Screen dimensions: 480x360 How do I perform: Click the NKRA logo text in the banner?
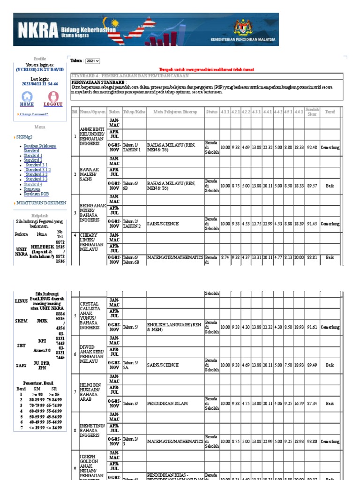pos(37,30)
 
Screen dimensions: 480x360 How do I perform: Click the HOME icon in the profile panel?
pos(27,97)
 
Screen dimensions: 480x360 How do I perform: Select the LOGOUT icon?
pos(53,97)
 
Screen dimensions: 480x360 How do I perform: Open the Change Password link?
pos(34,114)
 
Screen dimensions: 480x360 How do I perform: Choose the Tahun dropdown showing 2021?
pos(93,61)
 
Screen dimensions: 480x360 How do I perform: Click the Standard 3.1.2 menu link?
pos(38,170)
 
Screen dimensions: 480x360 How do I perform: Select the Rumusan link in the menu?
pos(32,189)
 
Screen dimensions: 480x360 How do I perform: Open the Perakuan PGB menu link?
pos(36,194)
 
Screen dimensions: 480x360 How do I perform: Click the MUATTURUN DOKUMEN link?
pos(41,203)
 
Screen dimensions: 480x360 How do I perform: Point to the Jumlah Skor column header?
pos(312,112)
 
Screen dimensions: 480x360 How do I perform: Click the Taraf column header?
pos(330,112)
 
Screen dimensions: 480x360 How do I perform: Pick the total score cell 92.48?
pos(312,147)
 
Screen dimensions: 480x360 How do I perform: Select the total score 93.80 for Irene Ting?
pos(312,442)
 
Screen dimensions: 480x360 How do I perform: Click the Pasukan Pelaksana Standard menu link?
pos(40,149)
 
